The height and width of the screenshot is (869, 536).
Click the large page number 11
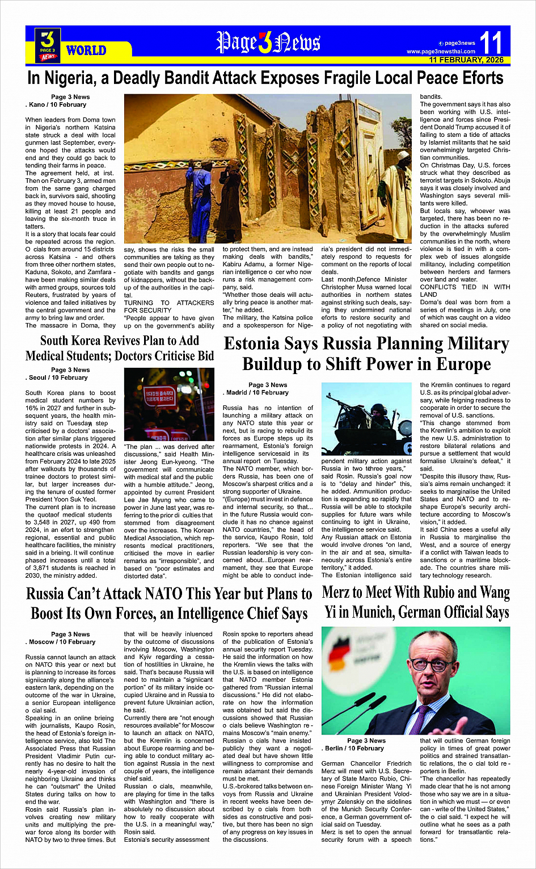pos(491,43)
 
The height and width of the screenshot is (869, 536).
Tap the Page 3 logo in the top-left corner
pos(48,45)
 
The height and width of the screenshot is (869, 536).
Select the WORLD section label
pos(86,51)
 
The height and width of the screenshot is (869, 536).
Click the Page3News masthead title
pos(268,42)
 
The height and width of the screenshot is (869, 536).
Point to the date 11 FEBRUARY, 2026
pos(466,60)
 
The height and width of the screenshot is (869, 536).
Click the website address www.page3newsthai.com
pos(441,52)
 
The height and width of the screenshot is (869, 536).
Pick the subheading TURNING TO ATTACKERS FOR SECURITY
pos(169,307)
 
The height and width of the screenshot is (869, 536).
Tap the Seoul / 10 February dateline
pos(58,377)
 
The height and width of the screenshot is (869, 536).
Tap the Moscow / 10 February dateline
pos(61,642)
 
